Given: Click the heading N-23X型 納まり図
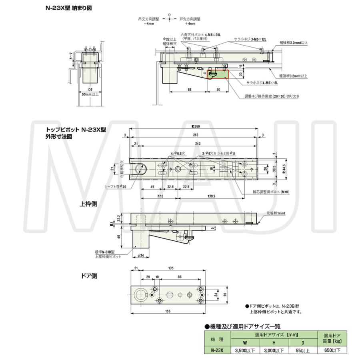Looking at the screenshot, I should tap(68, 7).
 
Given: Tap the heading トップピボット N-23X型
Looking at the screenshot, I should tap(76, 130).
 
